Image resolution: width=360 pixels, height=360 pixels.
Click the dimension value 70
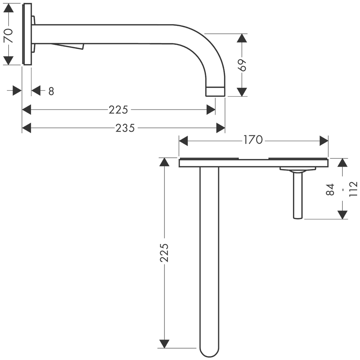click(x=9, y=36)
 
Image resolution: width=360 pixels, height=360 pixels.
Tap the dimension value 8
click(x=51, y=91)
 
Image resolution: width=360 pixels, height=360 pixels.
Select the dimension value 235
click(x=125, y=128)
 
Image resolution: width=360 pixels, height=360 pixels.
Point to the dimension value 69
click(x=242, y=65)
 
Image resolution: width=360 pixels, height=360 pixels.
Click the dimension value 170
click(x=253, y=140)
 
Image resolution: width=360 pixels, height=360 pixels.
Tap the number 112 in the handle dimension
click(x=353, y=189)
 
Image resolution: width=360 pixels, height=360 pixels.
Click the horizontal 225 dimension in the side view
click(x=118, y=110)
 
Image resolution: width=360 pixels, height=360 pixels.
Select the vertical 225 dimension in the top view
click(x=164, y=253)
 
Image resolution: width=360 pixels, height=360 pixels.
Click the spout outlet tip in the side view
click(x=215, y=91)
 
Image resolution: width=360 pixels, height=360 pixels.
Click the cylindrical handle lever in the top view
click(x=298, y=195)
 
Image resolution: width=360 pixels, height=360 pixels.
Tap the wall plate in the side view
click(x=27, y=34)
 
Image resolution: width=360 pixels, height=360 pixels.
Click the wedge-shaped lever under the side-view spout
click(x=68, y=46)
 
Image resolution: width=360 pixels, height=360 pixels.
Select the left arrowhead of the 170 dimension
click(x=184, y=141)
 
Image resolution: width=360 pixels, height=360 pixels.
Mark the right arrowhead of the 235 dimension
click(x=221, y=128)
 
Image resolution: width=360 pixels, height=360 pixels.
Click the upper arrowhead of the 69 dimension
click(x=242, y=38)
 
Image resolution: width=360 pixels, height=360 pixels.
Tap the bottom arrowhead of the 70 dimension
click(x=9, y=60)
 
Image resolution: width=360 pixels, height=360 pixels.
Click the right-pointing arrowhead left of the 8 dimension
click(x=17, y=91)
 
